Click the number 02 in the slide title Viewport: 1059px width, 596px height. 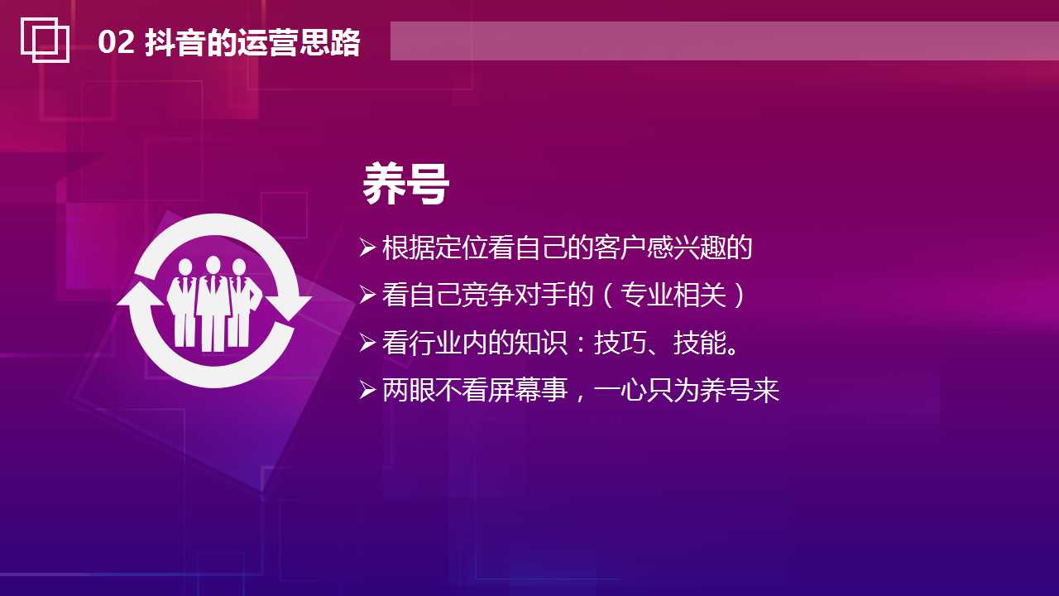point(116,42)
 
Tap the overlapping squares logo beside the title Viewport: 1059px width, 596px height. point(45,39)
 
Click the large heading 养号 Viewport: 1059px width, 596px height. point(405,185)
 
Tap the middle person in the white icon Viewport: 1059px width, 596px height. point(213,303)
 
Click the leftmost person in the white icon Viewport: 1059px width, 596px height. point(183,303)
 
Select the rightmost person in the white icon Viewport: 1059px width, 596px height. point(242,303)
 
